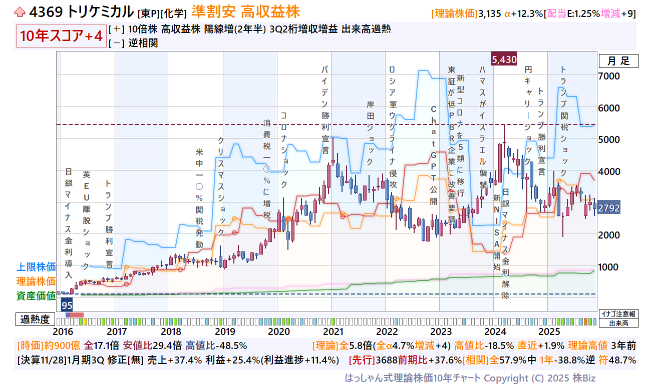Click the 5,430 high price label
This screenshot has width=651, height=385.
(504, 59)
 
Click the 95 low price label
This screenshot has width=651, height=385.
(67, 304)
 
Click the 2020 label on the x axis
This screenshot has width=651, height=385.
(279, 331)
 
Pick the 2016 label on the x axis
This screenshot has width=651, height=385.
(63, 331)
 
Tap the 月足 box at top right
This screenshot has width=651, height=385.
(618, 61)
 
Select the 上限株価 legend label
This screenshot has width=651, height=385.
(36, 266)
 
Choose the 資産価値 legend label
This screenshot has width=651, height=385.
(36, 296)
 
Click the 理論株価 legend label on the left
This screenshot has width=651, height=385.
(36, 281)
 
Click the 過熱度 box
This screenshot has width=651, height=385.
(35, 319)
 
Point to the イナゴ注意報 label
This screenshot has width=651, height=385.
(618, 314)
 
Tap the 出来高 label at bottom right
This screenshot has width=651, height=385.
(618, 323)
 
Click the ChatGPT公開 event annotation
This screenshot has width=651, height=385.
(434, 155)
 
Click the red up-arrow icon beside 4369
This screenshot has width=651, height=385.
(20, 11)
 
